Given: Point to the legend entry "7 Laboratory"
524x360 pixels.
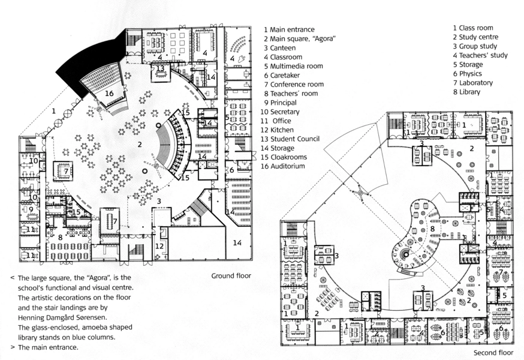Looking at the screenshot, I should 472,83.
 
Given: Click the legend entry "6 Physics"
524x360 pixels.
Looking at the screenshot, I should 467,74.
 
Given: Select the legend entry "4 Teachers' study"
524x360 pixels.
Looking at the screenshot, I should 480,55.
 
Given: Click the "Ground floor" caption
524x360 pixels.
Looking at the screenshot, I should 231,276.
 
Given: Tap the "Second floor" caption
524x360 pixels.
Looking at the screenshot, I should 493,353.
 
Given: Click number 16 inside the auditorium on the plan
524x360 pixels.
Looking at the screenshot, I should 109,93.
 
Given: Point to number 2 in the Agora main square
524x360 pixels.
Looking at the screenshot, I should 139,144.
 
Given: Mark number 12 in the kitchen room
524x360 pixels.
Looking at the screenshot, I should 160,246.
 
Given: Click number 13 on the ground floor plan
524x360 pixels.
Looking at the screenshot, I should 161,68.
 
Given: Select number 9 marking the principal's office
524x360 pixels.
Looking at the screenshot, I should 30,210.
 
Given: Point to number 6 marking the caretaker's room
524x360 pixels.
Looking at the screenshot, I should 231,170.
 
